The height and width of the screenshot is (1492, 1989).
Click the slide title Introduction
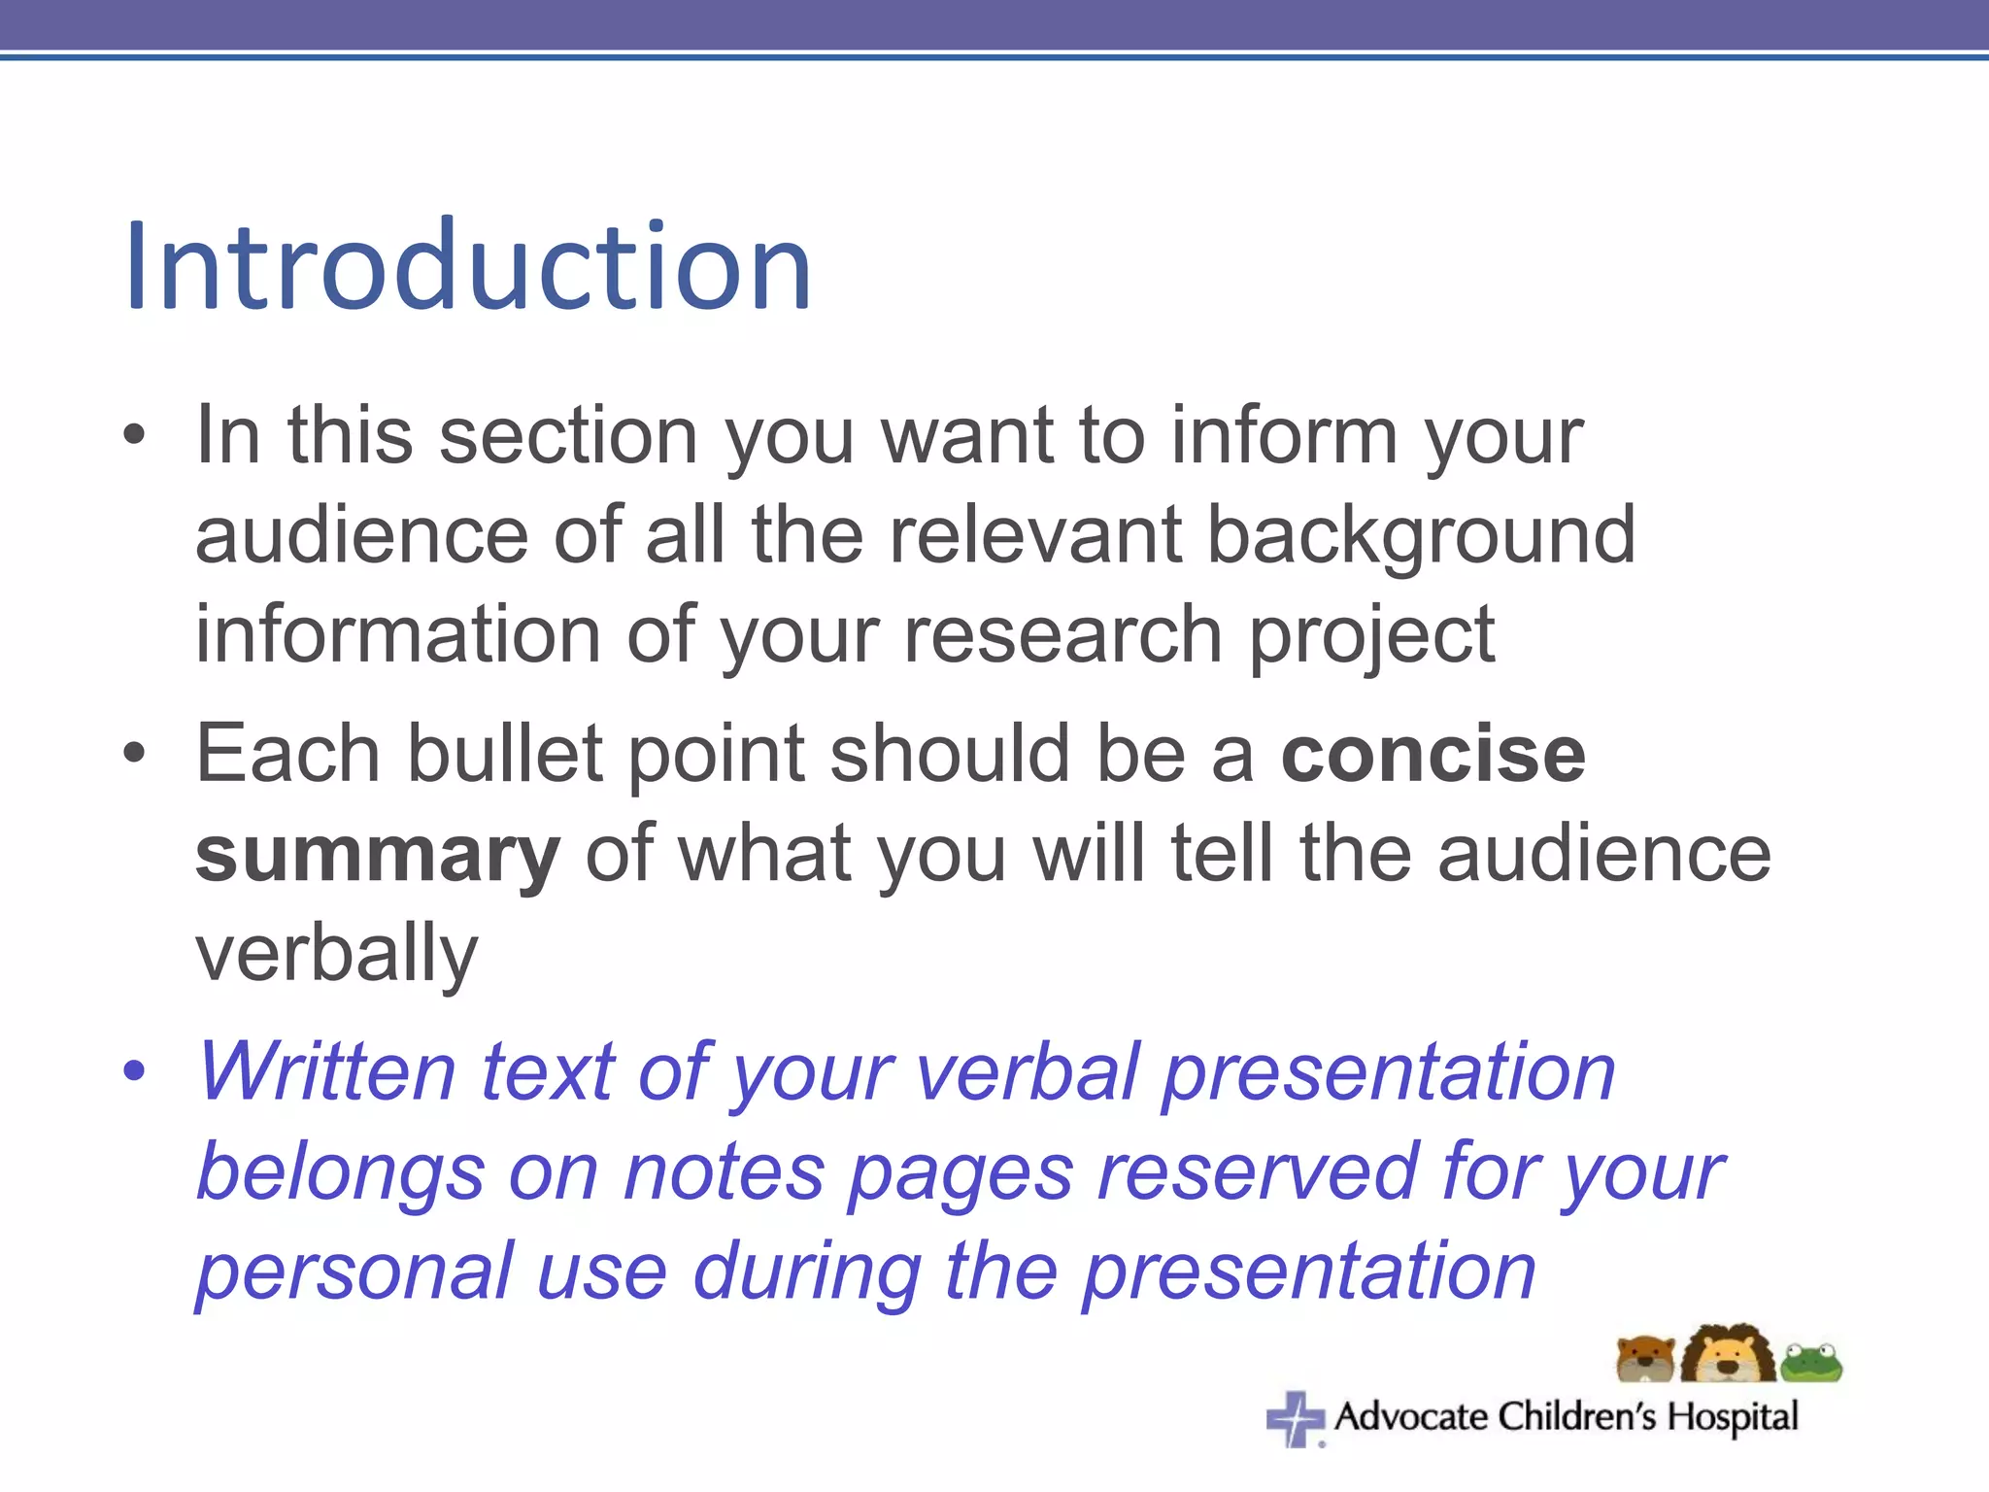tap(468, 266)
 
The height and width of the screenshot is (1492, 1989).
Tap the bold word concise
tap(1433, 755)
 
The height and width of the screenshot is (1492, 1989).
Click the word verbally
tap(336, 955)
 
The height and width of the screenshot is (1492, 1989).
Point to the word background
tap(1421, 536)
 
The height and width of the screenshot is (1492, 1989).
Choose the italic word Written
tap(326, 1072)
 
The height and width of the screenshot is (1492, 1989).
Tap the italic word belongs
tap(340, 1173)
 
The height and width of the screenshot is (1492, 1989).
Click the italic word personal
tap(354, 1272)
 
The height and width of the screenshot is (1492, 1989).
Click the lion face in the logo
tap(1728, 1353)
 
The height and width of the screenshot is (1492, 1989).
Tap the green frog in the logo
tap(1812, 1363)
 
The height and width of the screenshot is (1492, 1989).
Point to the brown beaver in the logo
tap(1645, 1359)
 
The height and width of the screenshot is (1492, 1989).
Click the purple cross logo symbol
tap(1296, 1419)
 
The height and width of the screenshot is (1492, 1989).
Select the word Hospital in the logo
tap(1733, 1417)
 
